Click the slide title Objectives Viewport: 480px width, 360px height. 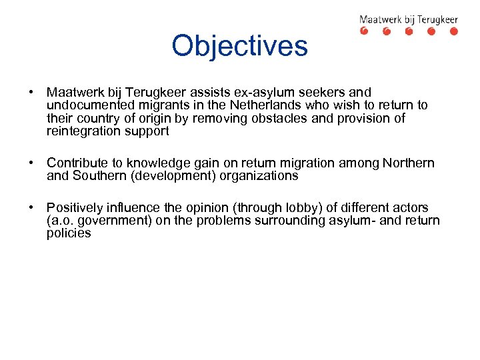point(239,46)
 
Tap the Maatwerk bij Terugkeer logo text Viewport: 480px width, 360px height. point(409,19)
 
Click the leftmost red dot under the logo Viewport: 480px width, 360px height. point(364,31)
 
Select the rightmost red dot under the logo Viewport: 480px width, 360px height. point(453,31)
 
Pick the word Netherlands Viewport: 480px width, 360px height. point(261,105)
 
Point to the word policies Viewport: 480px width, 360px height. point(69,233)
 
